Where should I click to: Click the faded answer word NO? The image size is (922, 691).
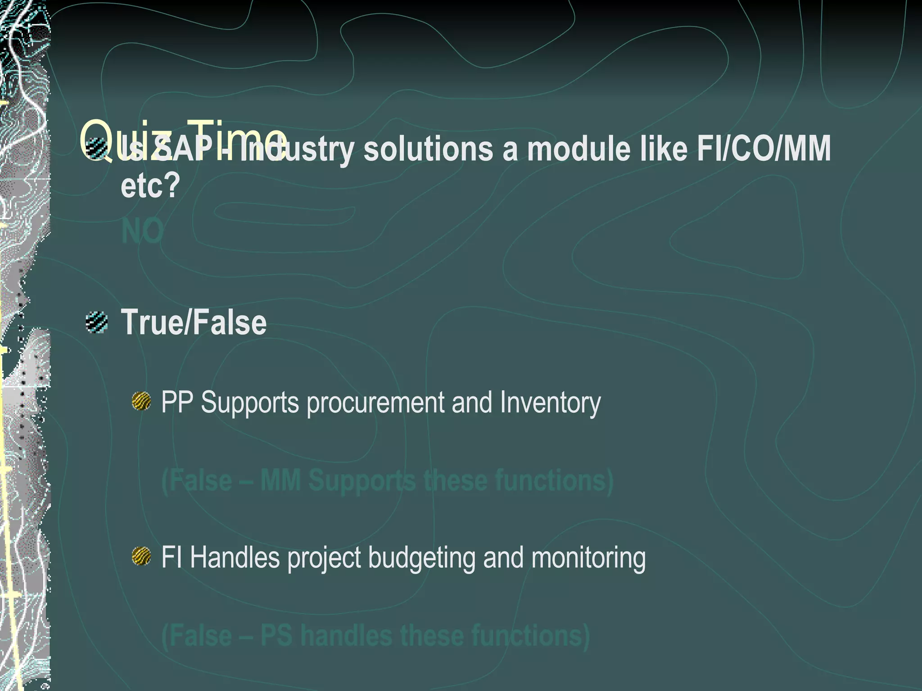point(142,231)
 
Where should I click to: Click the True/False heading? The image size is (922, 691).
point(194,322)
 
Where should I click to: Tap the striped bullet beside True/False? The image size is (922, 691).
point(97,322)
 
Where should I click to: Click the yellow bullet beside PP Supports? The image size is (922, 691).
point(141,401)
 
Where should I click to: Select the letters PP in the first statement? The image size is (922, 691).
point(177,402)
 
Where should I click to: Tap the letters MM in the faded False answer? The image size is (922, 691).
point(280,480)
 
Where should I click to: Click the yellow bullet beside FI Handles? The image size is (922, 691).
point(141,556)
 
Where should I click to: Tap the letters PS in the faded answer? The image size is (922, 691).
point(276,635)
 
